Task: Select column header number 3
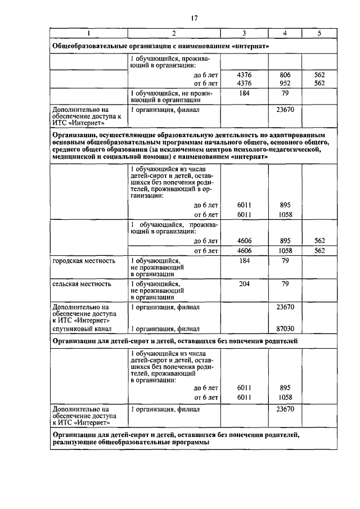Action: (x=244, y=33)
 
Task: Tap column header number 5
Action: (x=319, y=33)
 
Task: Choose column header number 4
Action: (x=285, y=33)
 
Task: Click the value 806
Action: (x=286, y=74)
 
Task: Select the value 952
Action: (x=286, y=83)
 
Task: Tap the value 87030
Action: (x=286, y=328)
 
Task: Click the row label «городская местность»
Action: (x=84, y=261)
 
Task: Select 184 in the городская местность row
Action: (x=244, y=261)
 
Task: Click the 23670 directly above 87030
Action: (x=286, y=307)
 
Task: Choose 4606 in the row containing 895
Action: (x=244, y=241)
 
